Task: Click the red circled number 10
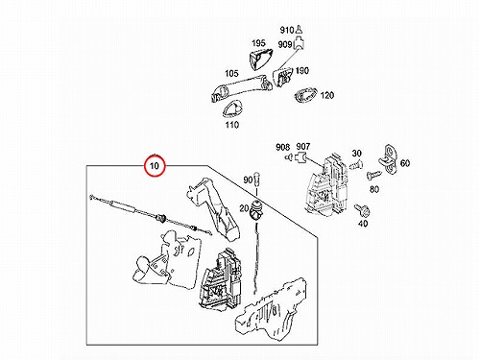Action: point(155,166)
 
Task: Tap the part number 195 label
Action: point(258,43)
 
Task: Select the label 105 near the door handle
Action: point(231,73)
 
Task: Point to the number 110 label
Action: point(231,125)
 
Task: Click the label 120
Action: point(326,95)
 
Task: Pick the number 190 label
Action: point(301,70)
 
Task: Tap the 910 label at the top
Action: point(287,30)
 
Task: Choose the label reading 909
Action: point(284,44)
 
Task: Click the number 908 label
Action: point(282,147)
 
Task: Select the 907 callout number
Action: point(303,147)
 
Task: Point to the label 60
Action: point(405,163)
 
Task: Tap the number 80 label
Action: point(374,189)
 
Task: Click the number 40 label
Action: point(363,223)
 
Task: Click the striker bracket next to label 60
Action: point(388,159)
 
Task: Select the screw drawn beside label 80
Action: point(373,175)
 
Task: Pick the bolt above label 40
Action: point(363,210)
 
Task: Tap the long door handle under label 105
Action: point(242,87)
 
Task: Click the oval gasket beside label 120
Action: point(305,95)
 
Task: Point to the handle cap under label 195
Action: point(260,59)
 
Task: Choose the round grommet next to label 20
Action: point(256,209)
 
